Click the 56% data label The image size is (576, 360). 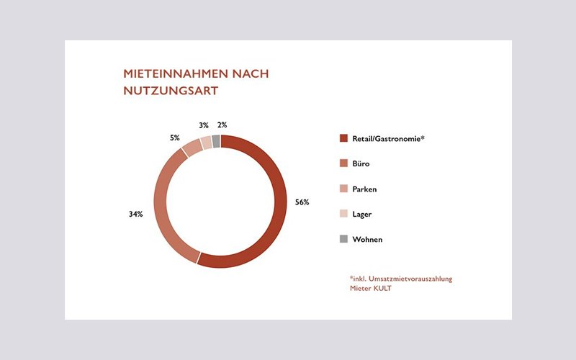(x=302, y=202)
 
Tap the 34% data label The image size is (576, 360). (x=135, y=214)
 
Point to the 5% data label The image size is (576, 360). (x=175, y=138)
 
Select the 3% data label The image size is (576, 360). (x=204, y=125)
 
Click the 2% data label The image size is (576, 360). (x=222, y=125)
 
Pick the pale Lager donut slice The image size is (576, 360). (x=206, y=141)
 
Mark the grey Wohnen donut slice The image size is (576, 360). (x=216, y=140)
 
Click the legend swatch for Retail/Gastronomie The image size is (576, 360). (x=343, y=138)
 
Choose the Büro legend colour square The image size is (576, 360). (x=343, y=163)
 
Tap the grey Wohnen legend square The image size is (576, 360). (x=343, y=239)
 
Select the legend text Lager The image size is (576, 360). (x=363, y=214)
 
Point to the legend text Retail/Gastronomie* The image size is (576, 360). (x=389, y=138)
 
